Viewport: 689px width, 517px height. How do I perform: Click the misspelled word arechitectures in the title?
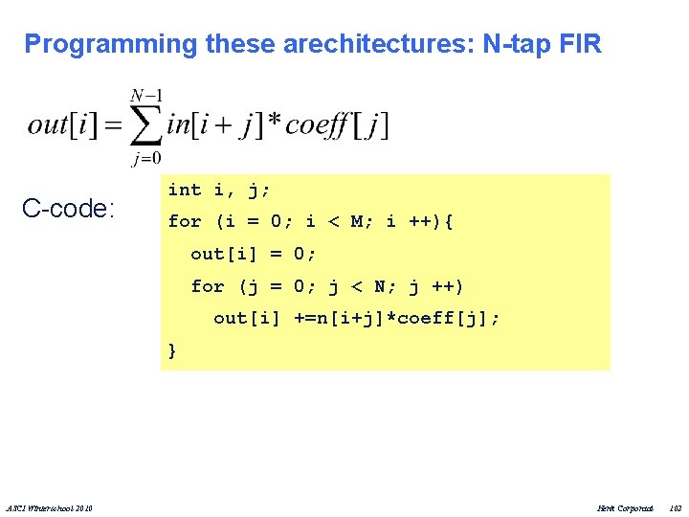pos(361,44)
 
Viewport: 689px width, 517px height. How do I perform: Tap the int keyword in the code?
pos(185,190)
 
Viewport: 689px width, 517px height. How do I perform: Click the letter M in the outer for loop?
pos(357,222)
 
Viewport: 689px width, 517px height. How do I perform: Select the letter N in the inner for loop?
pos(379,286)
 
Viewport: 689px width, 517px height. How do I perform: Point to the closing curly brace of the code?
pos(172,350)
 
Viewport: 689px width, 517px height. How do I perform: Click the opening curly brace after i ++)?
pos(449,222)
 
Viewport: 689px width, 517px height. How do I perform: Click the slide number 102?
pos(676,506)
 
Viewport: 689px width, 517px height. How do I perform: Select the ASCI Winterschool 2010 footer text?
pos(55,506)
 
